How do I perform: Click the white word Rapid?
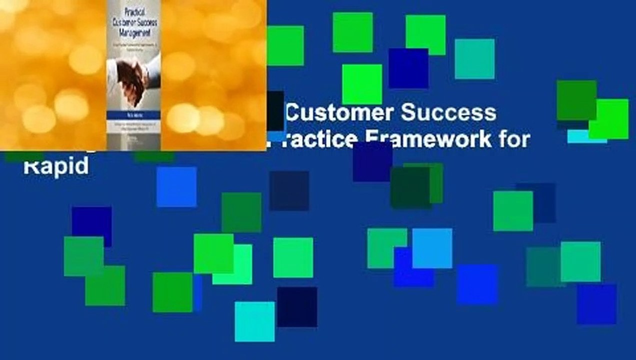pyautogui.click(x=56, y=165)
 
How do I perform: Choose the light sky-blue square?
pyautogui.click(x=432, y=248)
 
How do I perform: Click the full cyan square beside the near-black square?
pyautogui.click(x=254, y=321)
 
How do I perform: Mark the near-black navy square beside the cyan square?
pyautogui.click(x=297, y=306)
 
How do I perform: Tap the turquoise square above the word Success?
pyautogui.click(x=474, y=59)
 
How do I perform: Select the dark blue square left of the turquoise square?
pyautogui.click(x=408, y=68)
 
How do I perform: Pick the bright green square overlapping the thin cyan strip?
pyautogui.click(x=608, y=118)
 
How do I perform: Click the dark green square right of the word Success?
pyautogui.click(x=576, y=100)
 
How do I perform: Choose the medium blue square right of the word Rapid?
pyautogui.click(x=176, y=186)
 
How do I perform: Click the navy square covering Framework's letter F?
pyautogui.click(x=372, y=161)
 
